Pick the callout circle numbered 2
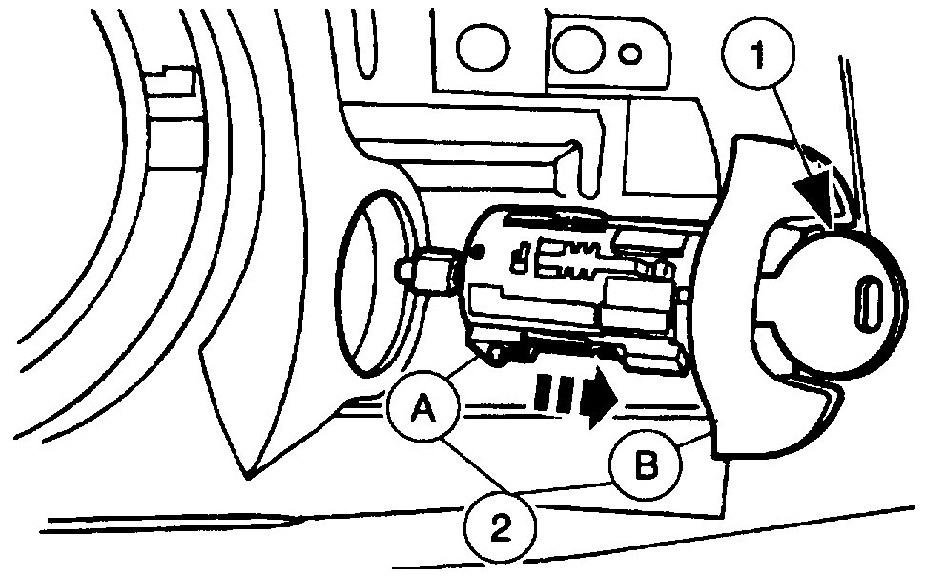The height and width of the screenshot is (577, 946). [500, 524]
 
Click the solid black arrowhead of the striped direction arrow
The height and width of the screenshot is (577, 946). [597, 400]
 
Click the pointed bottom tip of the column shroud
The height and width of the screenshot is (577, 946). [245, 474]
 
